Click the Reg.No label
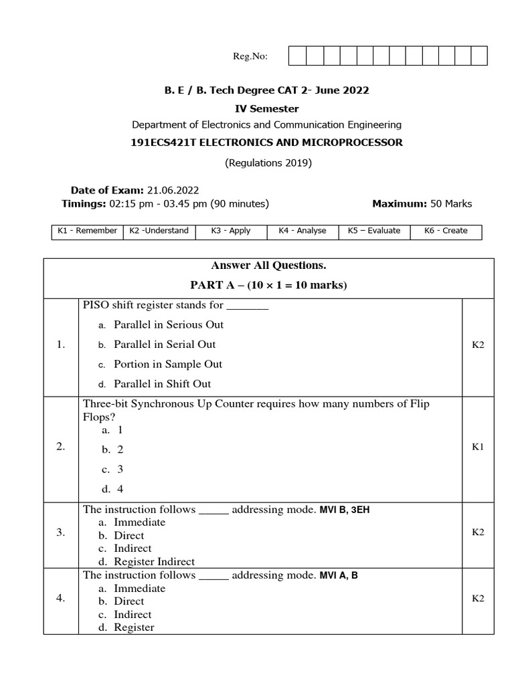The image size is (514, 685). [250, 57]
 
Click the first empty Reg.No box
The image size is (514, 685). [297, 56]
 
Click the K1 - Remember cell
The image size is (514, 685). [87, 231]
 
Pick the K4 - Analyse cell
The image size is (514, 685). [302, 231]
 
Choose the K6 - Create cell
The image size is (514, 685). [446, 231]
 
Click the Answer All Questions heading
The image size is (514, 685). [268, 266]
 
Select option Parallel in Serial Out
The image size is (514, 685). [165, 345]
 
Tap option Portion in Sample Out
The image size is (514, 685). [168, 365]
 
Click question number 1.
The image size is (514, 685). [61, 345]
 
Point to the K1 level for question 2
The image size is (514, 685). [477, 447]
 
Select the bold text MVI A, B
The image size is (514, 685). [339, 575]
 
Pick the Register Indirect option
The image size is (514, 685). [155, 562]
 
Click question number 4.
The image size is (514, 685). [61, 599]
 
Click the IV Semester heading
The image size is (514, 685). [266, 108]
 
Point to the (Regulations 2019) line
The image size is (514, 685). [268, 163]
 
